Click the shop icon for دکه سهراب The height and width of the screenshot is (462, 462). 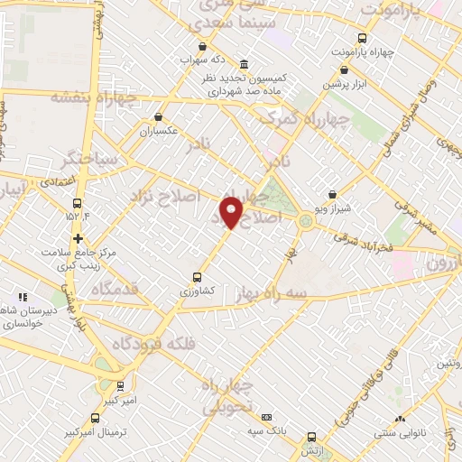tap(201, 46)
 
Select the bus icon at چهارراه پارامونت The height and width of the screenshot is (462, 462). tap(362, 38)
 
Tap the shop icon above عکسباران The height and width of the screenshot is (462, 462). tap(159, 116)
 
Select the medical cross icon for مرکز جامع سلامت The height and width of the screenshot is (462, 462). tap(79, 239)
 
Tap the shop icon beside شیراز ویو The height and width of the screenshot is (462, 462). tap(332, 194)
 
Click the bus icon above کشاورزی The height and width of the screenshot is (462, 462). tap(198, 277)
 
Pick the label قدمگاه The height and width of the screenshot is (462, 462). tap(112, 288)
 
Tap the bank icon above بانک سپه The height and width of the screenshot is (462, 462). tap(266, 417)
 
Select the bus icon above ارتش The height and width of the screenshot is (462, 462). tap(310, 435)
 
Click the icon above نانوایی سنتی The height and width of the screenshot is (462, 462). tap(400, 418)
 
